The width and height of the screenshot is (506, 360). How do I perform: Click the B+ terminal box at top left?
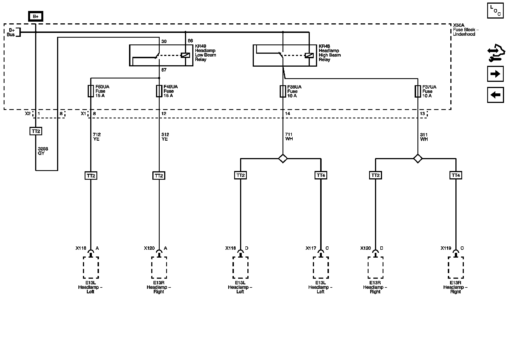35,17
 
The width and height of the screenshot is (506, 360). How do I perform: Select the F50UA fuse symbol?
91,91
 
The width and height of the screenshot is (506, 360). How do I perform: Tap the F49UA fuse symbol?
159,91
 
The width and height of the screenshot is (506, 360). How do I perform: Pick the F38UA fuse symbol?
283,91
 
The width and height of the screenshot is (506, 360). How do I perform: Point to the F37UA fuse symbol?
418,91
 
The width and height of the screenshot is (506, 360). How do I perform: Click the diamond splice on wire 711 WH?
283,159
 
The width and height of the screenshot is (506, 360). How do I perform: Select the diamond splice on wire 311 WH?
418,159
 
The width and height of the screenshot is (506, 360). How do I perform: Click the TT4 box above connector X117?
321,175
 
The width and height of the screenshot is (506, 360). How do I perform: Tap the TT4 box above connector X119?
456,175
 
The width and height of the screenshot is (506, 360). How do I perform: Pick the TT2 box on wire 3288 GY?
35,131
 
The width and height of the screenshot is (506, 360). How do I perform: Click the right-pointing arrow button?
495,74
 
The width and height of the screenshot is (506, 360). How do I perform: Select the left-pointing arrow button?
495,95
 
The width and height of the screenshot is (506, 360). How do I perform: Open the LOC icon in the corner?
495,11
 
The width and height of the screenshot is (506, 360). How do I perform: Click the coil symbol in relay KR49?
186,55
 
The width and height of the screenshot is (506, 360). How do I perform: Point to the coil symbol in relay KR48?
309,55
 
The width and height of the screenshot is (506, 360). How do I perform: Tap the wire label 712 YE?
96,137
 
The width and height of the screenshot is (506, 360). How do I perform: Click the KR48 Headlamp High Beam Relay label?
329,53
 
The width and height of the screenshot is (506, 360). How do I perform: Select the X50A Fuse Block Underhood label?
466,30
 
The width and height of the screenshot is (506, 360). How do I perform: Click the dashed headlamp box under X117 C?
321,267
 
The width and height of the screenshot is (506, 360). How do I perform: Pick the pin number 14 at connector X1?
287,114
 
